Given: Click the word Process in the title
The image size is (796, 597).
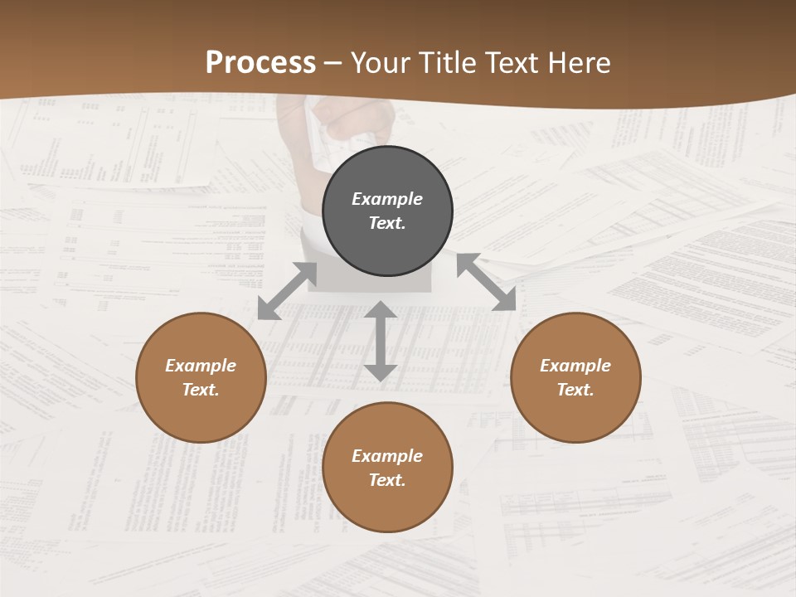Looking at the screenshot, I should (260, 63).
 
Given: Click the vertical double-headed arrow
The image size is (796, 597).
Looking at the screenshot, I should (381, 341).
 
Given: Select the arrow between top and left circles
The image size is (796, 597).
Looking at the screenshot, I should (287, 291).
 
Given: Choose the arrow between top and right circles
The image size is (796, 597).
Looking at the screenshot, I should (487, 282).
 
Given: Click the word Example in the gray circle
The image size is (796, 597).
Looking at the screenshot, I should (387, 199).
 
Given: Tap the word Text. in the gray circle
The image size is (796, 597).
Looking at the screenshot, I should (387, 223).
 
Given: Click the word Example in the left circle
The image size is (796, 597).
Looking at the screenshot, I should (201, 366).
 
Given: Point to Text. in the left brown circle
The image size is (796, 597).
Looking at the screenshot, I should (201, 390).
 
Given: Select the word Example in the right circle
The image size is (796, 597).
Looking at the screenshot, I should (575, 366).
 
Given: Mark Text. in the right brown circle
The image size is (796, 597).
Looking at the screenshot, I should (575, 390).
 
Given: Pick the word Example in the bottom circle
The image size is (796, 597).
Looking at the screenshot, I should (387, 456).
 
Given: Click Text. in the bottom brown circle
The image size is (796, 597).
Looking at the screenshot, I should (387, 480).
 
